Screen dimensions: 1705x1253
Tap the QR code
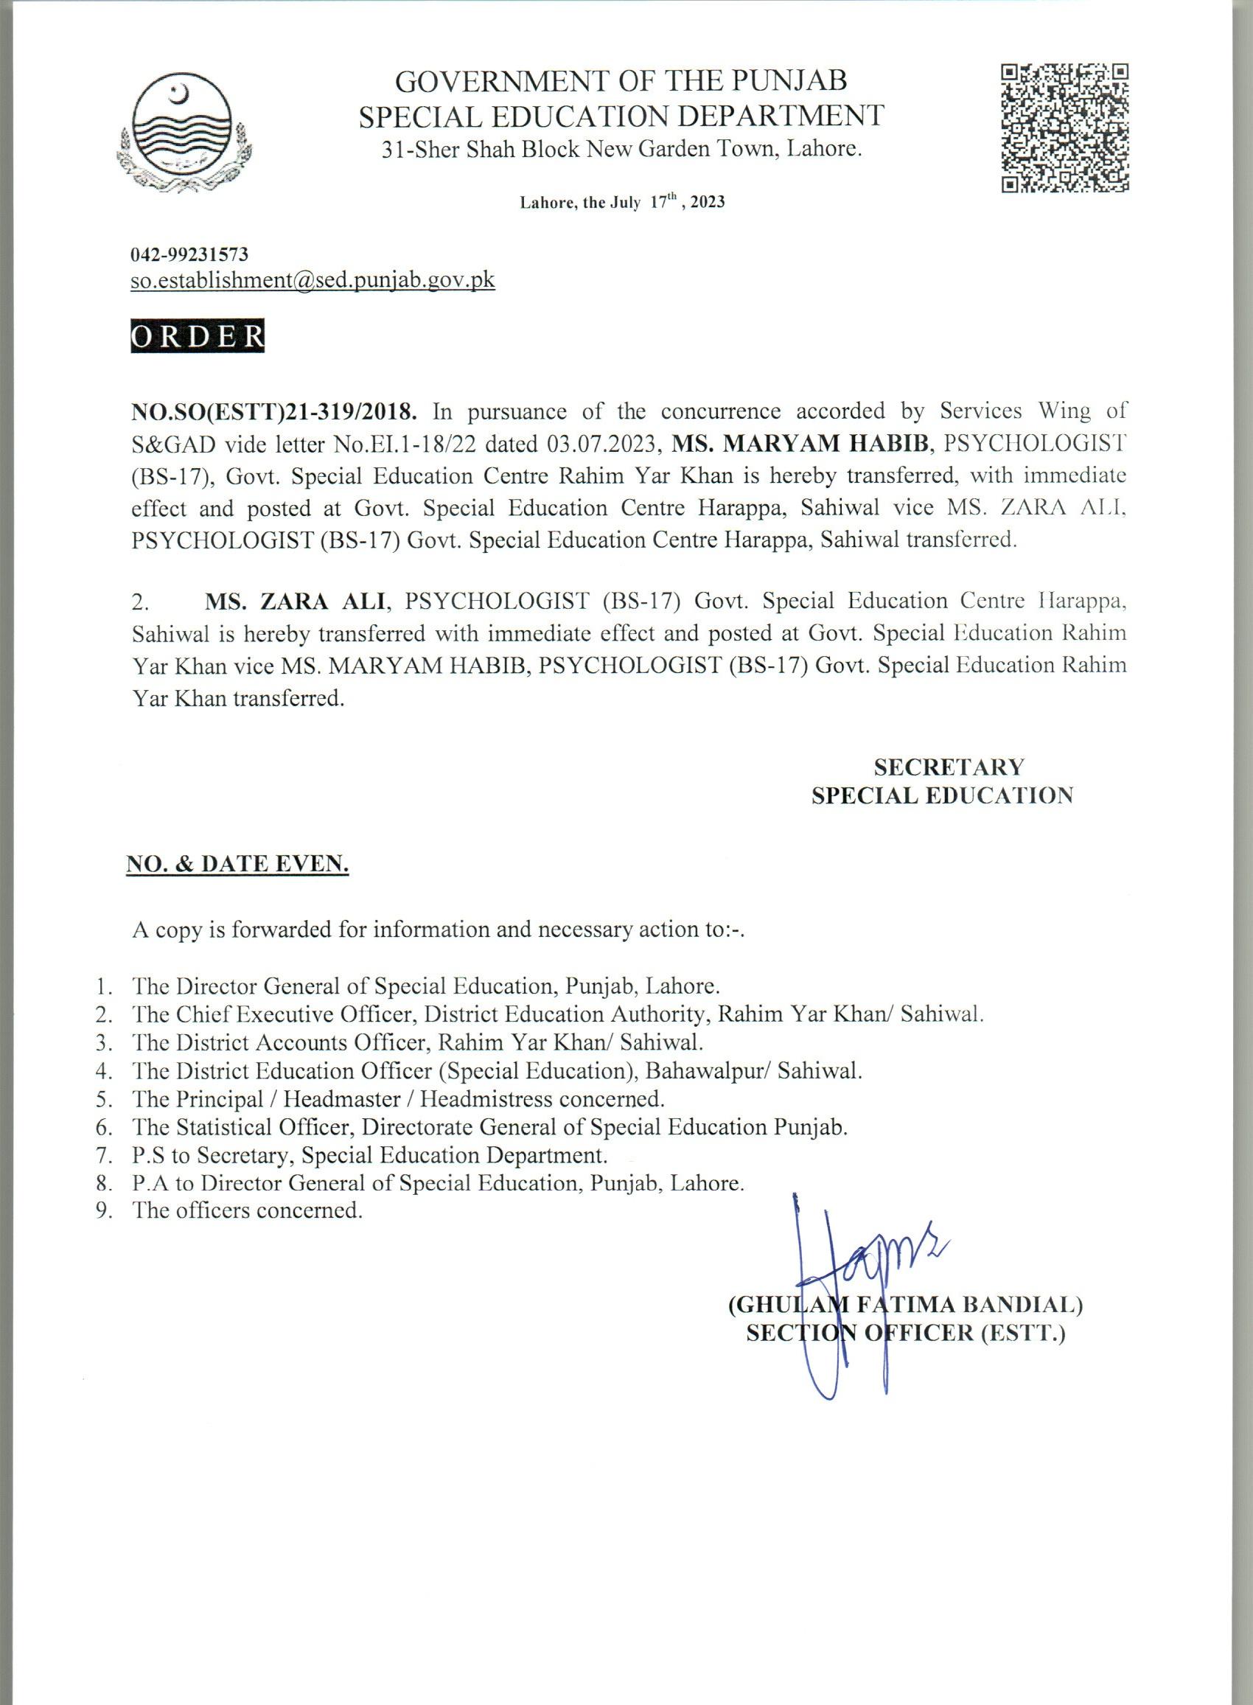(x=1065, y=128)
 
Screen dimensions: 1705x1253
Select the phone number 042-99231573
(x=189, y=255)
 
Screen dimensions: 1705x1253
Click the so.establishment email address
(x=313, y=280)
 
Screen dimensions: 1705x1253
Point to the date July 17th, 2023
(x=622, y=203)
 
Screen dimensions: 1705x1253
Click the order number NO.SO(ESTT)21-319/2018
(x=273, y=412)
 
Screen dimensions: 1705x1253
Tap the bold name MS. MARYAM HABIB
(x=803, y=444)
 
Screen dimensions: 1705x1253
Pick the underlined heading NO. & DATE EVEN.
(x=237, y=864)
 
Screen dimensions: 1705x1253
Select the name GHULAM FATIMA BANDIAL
(x=905, y=1305)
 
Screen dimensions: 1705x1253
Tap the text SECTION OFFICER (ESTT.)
(x=906, y=1333)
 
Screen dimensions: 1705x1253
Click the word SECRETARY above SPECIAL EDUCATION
(x=948, y=767)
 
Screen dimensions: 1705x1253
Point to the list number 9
(x=105, y=1210)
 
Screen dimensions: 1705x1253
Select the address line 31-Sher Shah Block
(x=621, y=150)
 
